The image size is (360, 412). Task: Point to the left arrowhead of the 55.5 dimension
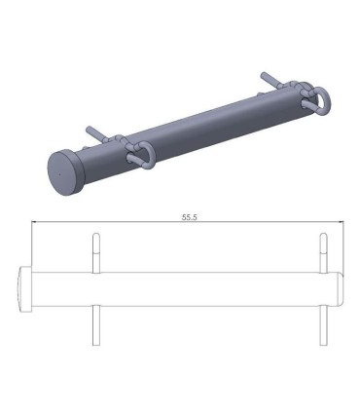coord(37,225)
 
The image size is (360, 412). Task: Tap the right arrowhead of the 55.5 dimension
coord(339,225)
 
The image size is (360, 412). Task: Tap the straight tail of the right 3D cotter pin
coord(270,77)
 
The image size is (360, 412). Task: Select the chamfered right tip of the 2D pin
coord(341,288)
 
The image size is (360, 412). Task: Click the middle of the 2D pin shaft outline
coord(195,288)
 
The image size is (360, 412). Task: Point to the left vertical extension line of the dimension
coord(32,243)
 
